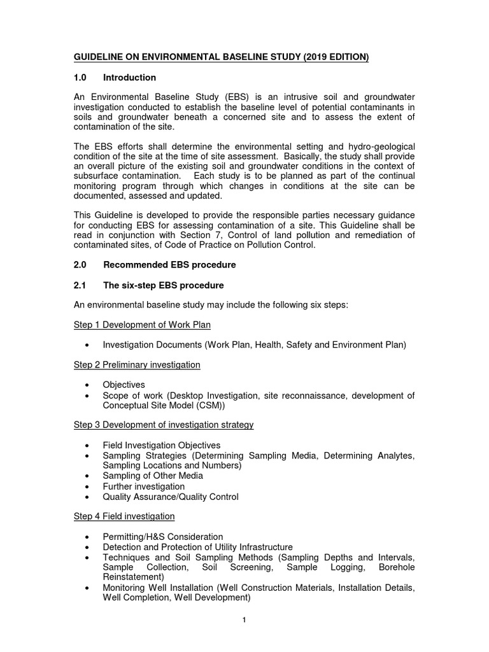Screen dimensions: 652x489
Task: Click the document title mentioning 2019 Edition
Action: click(221, 57)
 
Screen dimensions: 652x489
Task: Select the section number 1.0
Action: click(81, 78)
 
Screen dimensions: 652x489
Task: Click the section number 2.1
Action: click(81, 285)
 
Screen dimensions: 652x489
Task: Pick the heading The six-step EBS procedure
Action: click(163, 285)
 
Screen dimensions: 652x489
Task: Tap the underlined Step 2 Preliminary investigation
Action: click(137, 365)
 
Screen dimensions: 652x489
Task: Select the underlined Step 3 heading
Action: click(164, 425)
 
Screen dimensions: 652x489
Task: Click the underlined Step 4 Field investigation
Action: click(124, 516)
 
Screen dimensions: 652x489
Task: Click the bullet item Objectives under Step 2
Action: click(124, 385)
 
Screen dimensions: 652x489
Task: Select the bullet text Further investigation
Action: click(143, 486)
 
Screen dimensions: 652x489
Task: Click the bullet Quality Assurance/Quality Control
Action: click(171, 497)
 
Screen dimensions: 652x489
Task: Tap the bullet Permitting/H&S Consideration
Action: click(163, 537)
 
